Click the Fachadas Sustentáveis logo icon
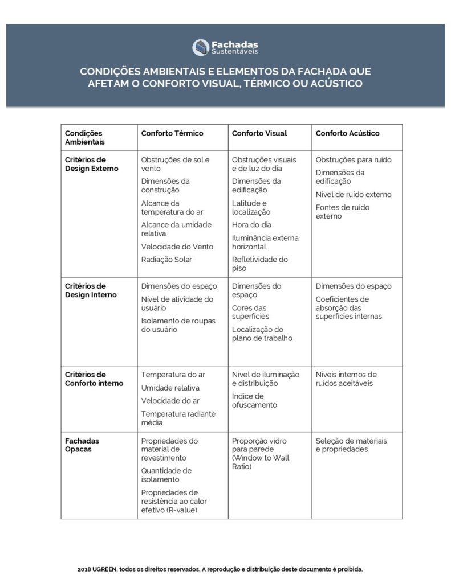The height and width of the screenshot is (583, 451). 200,47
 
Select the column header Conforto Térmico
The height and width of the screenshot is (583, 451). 172,133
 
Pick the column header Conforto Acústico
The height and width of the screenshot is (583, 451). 347,133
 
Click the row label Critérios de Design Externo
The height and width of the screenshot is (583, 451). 92,164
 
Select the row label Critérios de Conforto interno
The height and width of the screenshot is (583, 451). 94,379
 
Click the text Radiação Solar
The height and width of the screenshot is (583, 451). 167,260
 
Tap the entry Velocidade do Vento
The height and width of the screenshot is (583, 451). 177,247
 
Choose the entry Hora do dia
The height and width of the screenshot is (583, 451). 251,225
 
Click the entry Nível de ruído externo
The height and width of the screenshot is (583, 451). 354,195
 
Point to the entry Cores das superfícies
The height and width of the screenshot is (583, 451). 250,312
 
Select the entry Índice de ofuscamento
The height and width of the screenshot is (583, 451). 254,400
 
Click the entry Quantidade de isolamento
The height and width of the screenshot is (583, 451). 166,475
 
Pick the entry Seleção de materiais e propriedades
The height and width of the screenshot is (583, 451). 351,445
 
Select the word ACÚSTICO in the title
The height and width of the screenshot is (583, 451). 335,84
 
